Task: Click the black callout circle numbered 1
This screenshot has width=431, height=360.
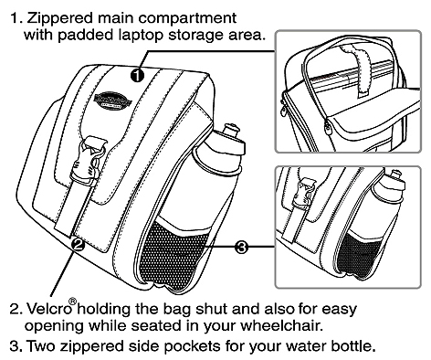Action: click(x=137, y=75)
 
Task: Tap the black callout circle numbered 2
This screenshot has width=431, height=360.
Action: click(x=78, y=244)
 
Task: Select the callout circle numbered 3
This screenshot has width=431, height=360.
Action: click(x=242, y=247)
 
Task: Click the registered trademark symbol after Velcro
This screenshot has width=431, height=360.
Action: click(x=73, y=302)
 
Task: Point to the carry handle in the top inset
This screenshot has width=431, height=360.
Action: click(x=356, y=69)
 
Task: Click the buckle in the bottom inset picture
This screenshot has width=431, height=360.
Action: click(x=303, y=194)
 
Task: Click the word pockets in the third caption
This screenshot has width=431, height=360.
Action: click(x=194, y=346)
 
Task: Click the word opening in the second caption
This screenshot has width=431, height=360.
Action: click(x=54, y=326)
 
